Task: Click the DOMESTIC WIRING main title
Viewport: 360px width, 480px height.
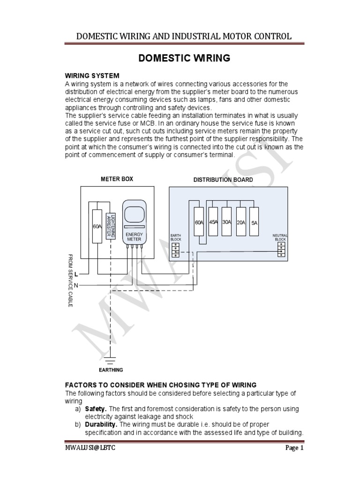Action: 183,58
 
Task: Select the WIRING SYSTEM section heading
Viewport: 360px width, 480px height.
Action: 92,75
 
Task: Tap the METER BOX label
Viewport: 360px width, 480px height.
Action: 117,179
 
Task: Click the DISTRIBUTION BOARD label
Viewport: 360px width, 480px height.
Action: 223,180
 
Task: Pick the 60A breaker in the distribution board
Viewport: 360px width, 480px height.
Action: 198,223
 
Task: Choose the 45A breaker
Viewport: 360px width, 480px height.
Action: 213,222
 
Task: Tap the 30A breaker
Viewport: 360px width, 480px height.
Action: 227,222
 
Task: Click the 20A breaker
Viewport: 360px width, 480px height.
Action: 241,223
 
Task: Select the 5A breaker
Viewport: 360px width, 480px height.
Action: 255,223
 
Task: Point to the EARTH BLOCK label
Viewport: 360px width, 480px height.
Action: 176,237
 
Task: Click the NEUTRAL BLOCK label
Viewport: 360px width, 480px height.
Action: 280,237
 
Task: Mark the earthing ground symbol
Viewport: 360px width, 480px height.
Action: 111,360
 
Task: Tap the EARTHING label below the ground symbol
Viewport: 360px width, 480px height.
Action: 111,370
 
